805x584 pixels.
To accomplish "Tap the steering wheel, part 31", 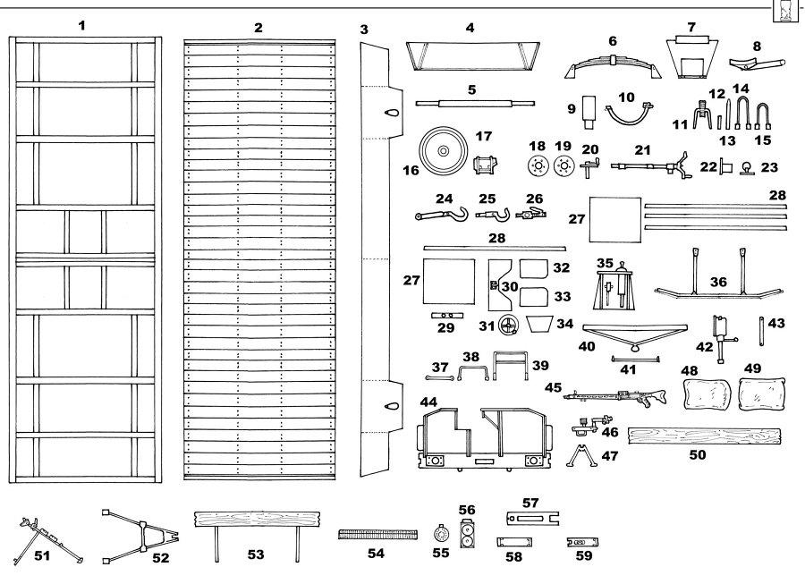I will pyautogui.click(x=510, y=325).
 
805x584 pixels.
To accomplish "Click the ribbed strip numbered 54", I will pyautogui.click(x=378, y=535).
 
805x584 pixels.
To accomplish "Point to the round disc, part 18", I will pyautogui.click(x=537, y=166).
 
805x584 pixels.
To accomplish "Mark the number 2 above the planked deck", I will pyautogui.click(x=258, y=28).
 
